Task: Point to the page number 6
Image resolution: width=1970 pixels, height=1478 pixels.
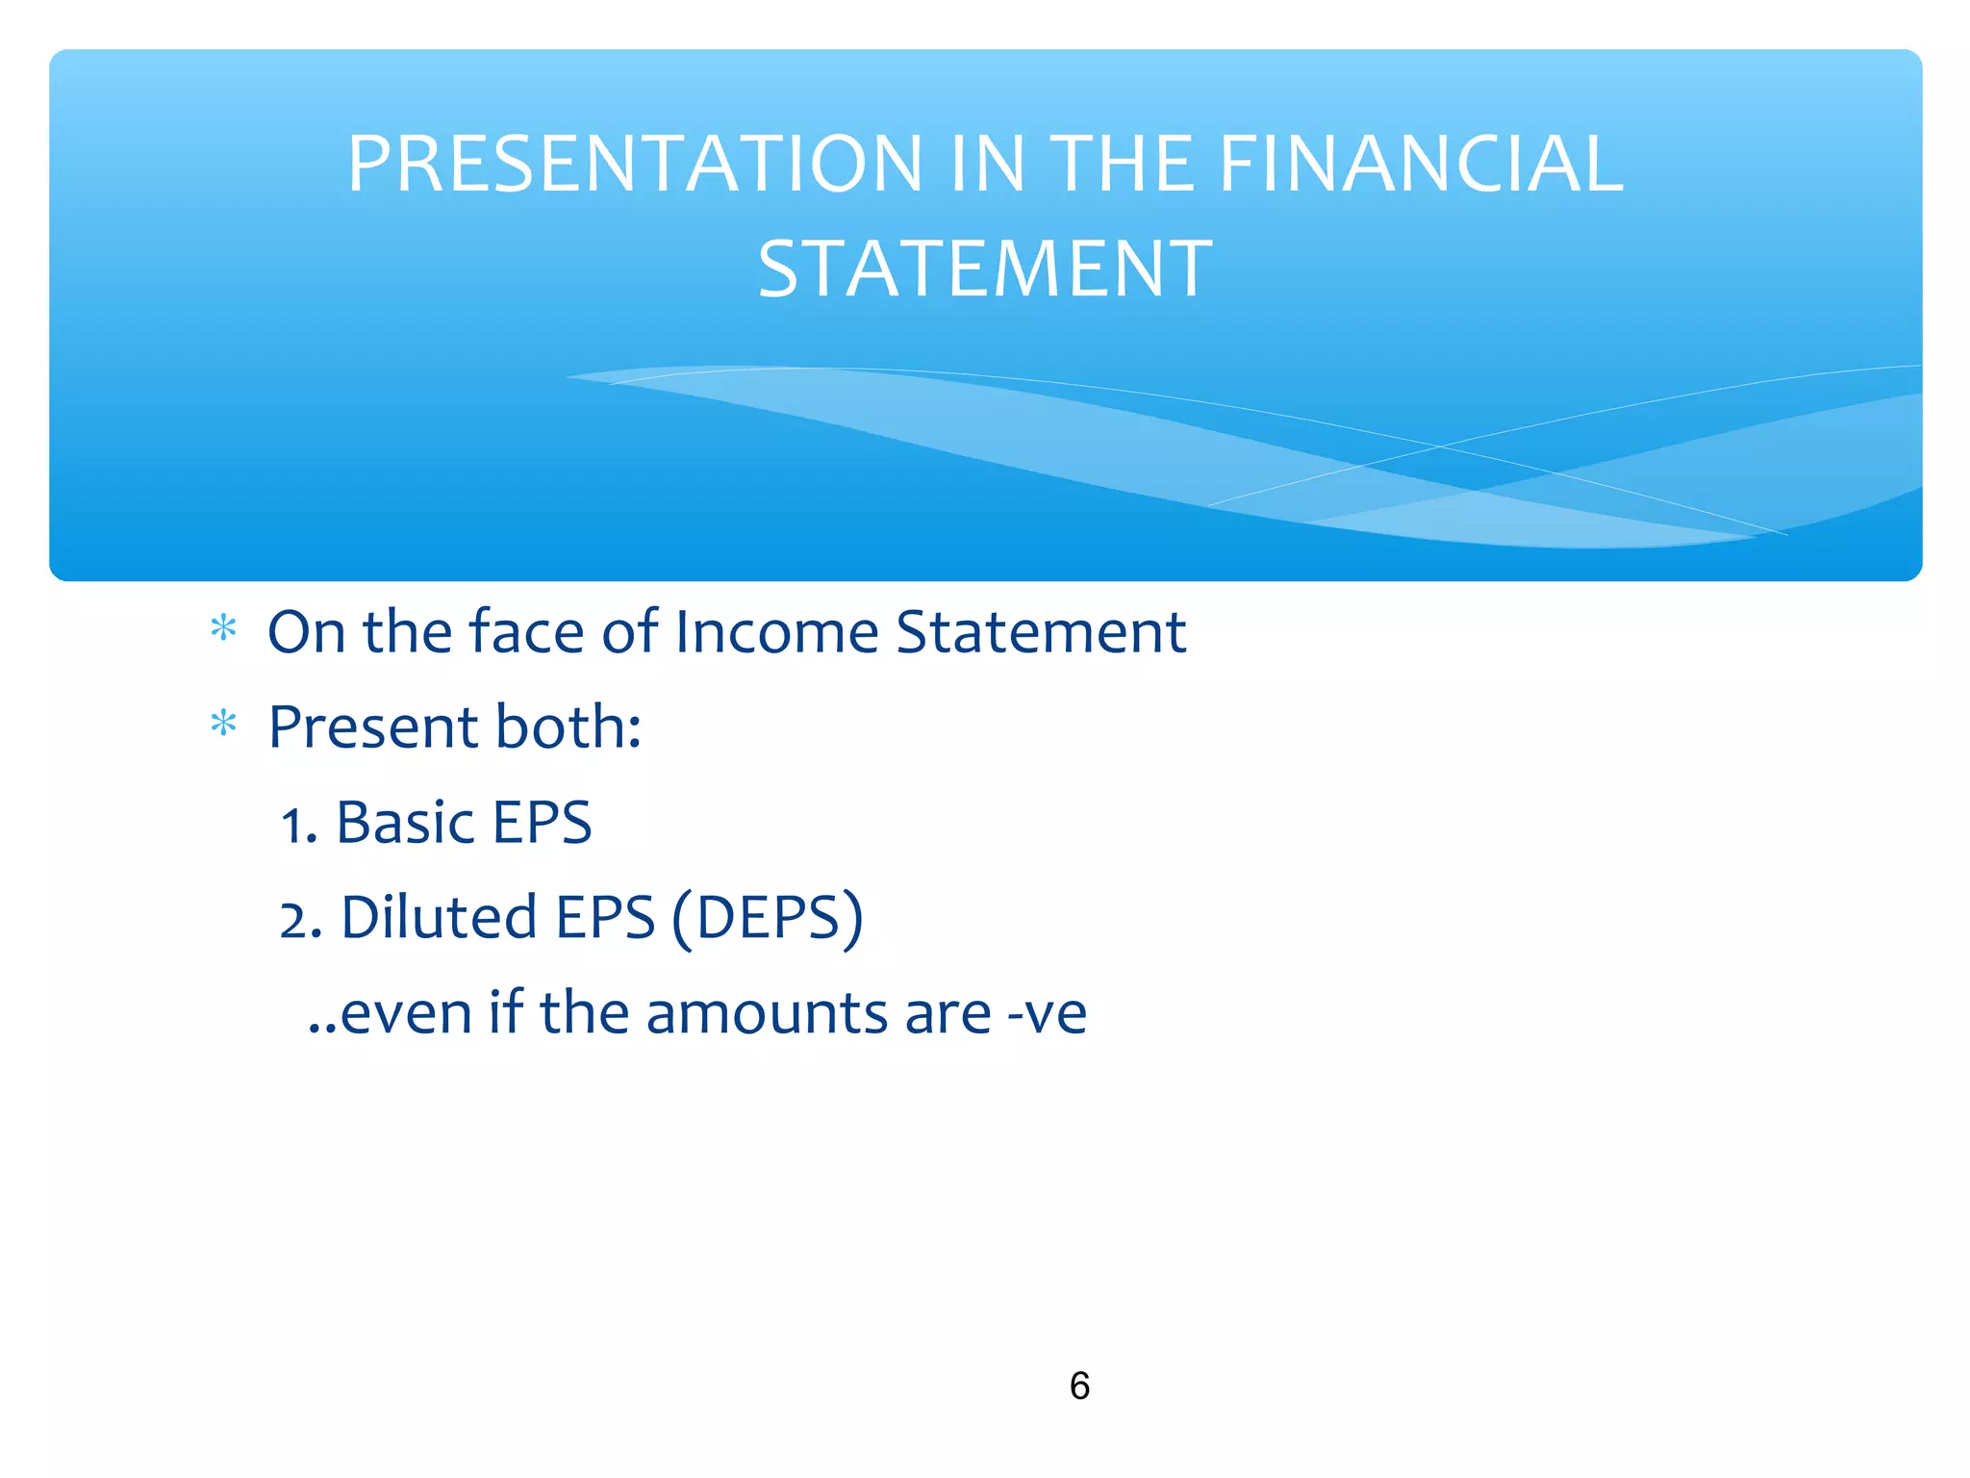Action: (x=1079, y=1386)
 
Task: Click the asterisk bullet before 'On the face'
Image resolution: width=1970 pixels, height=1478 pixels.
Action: (x=223, y=629)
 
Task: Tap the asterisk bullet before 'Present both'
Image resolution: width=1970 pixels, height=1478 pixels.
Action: (x=223, y=724)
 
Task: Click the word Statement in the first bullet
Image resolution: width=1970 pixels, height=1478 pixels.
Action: (x=1041, y=632)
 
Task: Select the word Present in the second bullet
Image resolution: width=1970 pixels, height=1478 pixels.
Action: (x=373, y=726)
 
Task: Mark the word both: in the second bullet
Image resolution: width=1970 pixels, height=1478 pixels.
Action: (x=568, y=726)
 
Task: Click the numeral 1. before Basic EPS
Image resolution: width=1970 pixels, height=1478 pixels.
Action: (x=298, y=826)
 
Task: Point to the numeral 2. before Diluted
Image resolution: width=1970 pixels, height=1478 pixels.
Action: (x=299, y=920)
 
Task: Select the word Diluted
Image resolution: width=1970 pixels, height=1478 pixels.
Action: (x=439, y=917)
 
